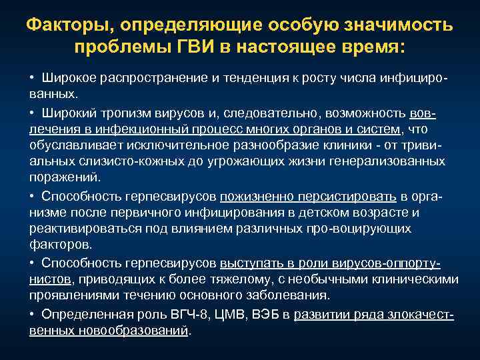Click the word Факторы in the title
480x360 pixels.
(64, 26)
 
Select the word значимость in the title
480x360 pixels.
(397, 26)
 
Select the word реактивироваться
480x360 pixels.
(79, 228)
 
